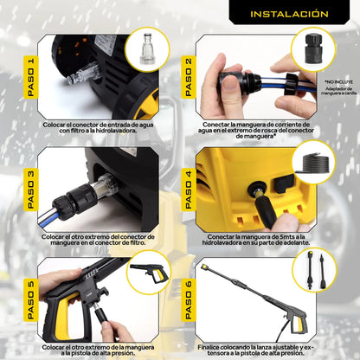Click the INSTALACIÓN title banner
pyautogui.click(x=289, y=13)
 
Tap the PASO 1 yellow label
pyautogui.click(x=30, y=77)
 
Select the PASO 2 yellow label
pyautogui.click(x=189, y=77)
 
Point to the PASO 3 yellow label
pyautogui.click(x=30, y=190)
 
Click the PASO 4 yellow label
pyautogui.click(x=189, y=190)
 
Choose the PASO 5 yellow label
pyautogui.click(x=30, y=300)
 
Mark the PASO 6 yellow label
pyautogui.click(x=189, y=300)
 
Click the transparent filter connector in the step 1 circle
pyautogui.click(x=147, y=49)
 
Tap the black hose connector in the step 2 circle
pyautogui.click(x=313, y=48)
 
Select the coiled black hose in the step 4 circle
pyautogui.click(x=313, y=164)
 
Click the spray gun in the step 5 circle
pyautogui.click(x=150, y=273)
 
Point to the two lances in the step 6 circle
pyautogui.click(x=315, y=270)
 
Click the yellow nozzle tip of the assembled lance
pyautogui.click(x=204, y=267)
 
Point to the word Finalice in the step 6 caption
pyautogui.click(x=209, y=347)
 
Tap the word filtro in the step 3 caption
pyautogui.click(x=137, y=242)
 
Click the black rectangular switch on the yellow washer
pyautogui.click(x=284, y=183)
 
